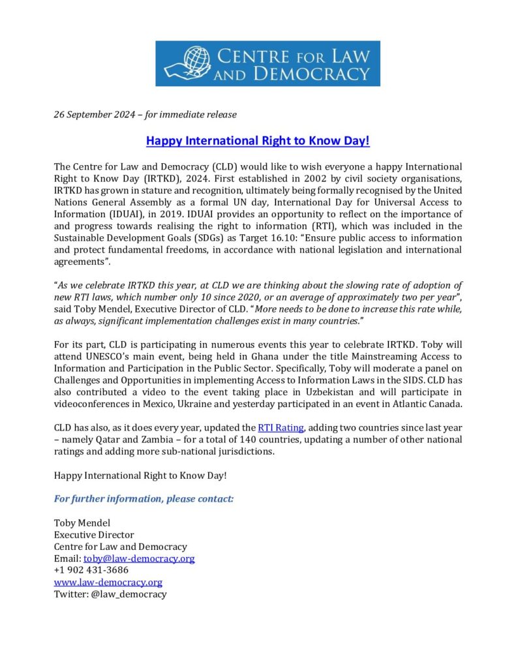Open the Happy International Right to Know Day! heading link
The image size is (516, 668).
pos(258,140)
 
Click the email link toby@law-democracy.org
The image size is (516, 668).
pos(139,558)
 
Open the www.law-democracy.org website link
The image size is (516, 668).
pos(108,582)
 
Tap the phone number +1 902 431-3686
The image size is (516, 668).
pos(91,570)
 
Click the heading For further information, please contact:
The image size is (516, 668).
pos(144,499)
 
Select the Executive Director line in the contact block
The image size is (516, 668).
pos(94,535)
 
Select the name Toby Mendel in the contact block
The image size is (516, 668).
pos(82,523)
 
